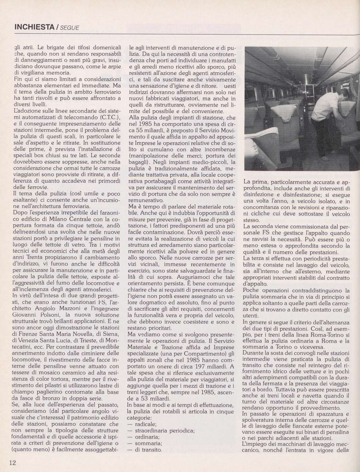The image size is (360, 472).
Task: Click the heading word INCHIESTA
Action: tap(34, 27)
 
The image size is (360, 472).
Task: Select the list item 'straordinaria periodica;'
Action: tap(165, 430)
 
